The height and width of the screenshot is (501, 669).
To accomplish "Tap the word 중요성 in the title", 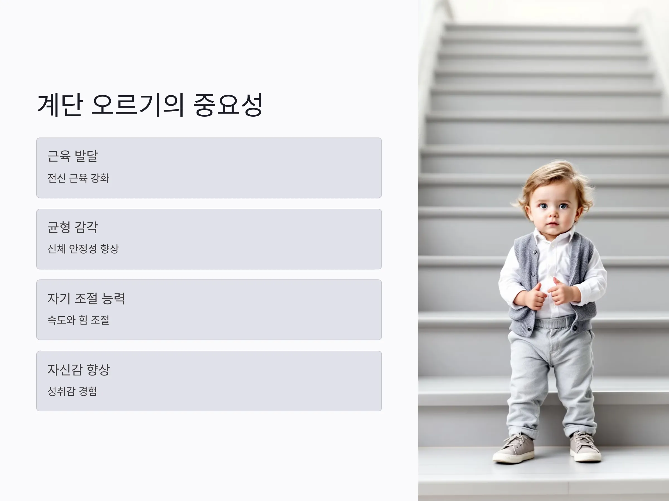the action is coord(227,105).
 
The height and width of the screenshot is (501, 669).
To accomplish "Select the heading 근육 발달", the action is coord(72,156).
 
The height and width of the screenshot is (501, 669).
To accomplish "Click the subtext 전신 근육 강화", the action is coord(78,178).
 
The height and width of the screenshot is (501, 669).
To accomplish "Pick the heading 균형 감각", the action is coord(72,227).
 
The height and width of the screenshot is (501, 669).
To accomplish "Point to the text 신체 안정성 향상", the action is coord(83,249).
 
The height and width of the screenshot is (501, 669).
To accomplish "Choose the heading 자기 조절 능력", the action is coord(86,298).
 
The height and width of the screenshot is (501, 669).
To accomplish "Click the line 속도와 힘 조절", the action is coord(78,320).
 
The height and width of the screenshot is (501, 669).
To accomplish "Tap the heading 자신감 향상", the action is coord(79,370).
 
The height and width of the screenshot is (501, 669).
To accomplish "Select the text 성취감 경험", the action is coord(72,391).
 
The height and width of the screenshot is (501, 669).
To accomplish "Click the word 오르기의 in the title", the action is coord(138,105).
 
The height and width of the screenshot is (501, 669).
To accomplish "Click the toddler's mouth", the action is coord(552,224).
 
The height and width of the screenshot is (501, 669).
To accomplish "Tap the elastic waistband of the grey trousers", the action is coord(555,322).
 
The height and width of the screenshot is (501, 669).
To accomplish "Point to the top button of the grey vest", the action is coord(535,252).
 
